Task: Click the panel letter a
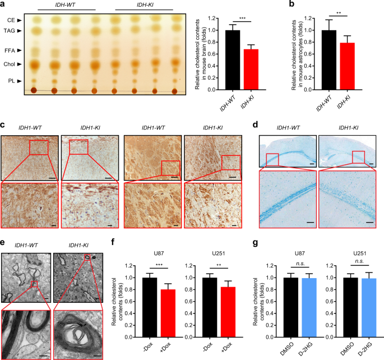click(x=3, y=5)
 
